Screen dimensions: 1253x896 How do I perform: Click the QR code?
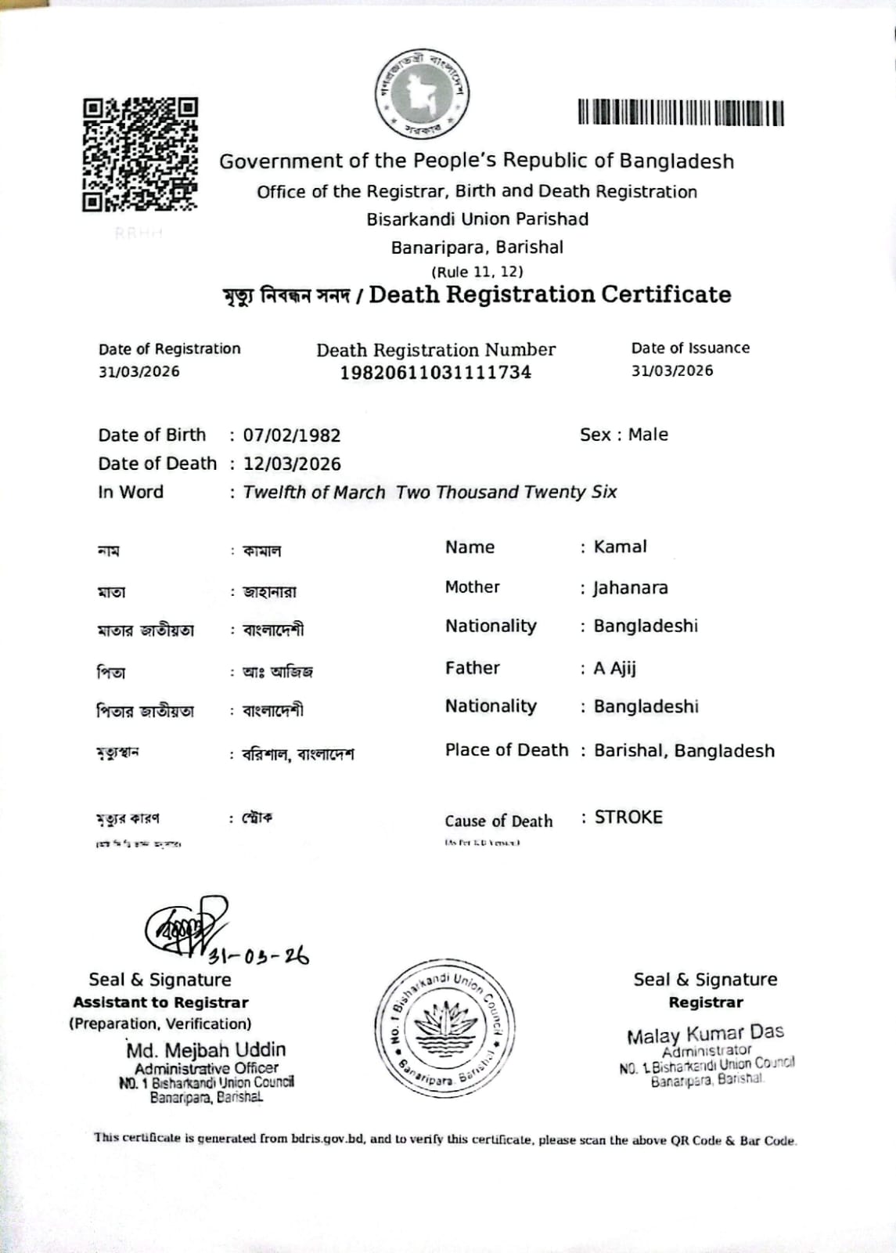(x=140, y=154)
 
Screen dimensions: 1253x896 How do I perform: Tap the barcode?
(x=681, y=113)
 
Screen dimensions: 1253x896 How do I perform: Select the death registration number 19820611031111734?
(x=435, y=373)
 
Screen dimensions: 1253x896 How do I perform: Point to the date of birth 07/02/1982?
(x=292, y=435)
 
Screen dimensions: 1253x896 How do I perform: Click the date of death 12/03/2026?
(x=292, y=464)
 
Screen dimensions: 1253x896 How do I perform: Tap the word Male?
(x=648, y=435)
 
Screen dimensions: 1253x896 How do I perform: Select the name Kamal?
(x=620, y=547)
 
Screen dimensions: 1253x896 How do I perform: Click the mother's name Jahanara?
(x=630, y=587)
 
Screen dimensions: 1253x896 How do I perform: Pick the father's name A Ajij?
(x=614, y=668)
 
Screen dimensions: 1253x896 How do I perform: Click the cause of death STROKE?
(x=628, y=818)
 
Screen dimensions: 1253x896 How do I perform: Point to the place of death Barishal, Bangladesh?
(x=684, y=751)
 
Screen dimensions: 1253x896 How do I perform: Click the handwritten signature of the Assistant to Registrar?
(x=184, y=928)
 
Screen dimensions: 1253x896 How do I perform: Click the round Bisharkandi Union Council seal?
(x=444, y=1028)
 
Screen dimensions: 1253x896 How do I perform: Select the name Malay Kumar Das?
(x=705, y=1034)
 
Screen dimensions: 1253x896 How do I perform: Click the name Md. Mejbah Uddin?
(x=206, y=1049)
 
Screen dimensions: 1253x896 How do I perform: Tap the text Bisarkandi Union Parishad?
(x=477, y=219)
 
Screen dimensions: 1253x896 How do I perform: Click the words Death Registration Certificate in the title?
(x=550, y=294)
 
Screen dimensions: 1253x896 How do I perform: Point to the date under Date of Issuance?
(x=672, y=370)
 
